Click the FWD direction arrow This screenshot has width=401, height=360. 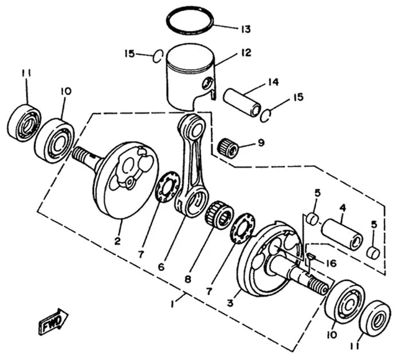click(53, 322)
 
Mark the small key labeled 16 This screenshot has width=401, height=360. click(310, 256)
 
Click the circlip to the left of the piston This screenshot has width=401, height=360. click(158, 55)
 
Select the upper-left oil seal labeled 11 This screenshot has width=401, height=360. click(22, 122)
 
